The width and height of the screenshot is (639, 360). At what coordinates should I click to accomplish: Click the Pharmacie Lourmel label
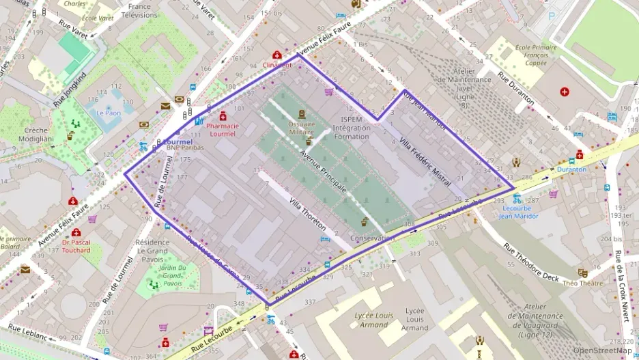(223, 130)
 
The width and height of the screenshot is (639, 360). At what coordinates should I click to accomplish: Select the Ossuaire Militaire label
(301, 128)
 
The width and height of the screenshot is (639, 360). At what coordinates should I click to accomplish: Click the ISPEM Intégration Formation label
(352, 128)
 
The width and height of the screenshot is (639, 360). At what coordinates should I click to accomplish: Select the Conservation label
(372, 238)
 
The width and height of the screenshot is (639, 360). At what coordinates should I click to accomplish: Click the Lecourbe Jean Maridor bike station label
(518, 212)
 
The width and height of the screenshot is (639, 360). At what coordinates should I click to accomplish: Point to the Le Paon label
(108, 113)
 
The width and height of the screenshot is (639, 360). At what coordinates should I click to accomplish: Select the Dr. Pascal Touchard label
(76, 246)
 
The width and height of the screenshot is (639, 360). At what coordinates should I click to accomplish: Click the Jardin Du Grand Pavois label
(172, 275)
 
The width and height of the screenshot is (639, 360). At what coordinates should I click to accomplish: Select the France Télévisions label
(139, 10)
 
